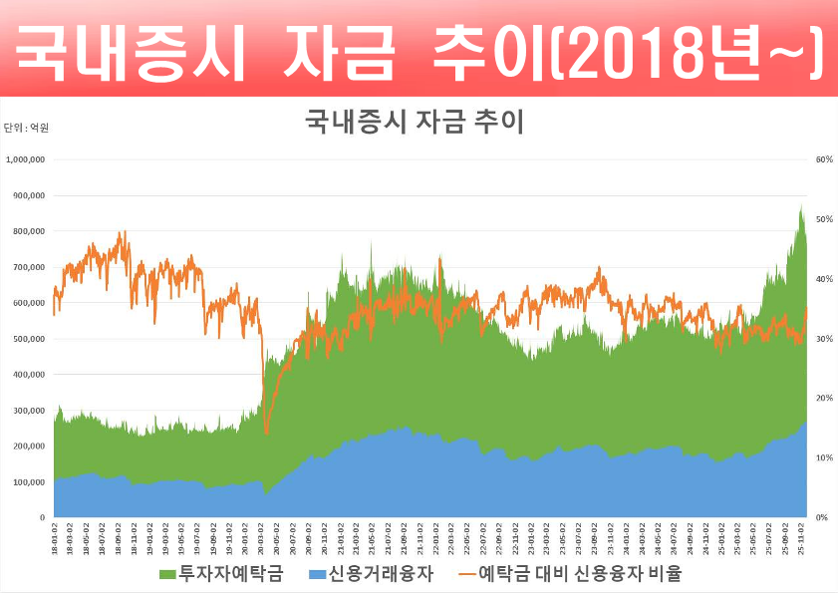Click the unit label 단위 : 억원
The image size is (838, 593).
[26, 128]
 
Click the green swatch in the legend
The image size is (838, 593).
[167, 574]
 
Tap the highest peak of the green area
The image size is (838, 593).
[800, 205]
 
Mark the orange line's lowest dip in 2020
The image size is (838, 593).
[266, 433]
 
